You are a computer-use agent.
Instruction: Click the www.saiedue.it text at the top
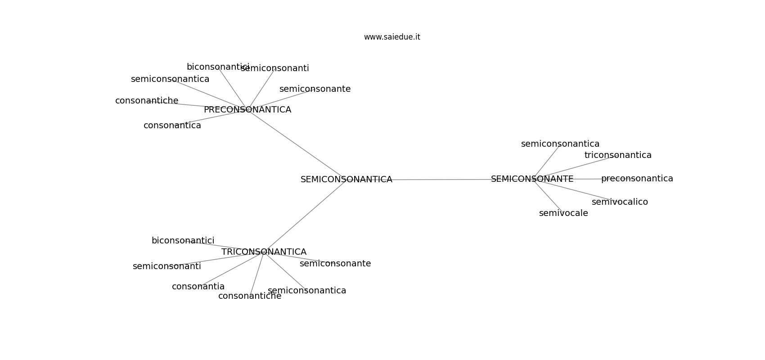[391, 37]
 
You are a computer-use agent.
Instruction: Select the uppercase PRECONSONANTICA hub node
[247, 110]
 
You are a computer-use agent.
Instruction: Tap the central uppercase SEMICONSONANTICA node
[346, 179]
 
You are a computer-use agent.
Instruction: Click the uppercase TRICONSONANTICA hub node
[264, 252]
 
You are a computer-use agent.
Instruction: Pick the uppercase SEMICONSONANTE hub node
[532, 179]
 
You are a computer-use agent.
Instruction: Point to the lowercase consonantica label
[172, 126]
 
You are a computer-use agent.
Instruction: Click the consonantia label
[198, 286]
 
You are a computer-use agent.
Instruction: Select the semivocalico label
[620, 202]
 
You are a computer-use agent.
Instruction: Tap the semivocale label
[563, 213]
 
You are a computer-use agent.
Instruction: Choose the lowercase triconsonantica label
[618, 155]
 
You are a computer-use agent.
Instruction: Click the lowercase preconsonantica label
[637, 179]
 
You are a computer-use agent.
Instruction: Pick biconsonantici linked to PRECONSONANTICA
[218, 67]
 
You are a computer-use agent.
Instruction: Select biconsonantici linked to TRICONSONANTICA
[183, 240]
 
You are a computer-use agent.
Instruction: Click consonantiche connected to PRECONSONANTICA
[147, 101]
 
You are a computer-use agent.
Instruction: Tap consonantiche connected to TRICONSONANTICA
[250, 296]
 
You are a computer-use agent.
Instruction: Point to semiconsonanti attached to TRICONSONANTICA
[167, 266]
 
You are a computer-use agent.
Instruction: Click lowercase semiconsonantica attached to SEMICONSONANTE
[560, 144]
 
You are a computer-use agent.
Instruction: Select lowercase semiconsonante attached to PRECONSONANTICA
[315, 89]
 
